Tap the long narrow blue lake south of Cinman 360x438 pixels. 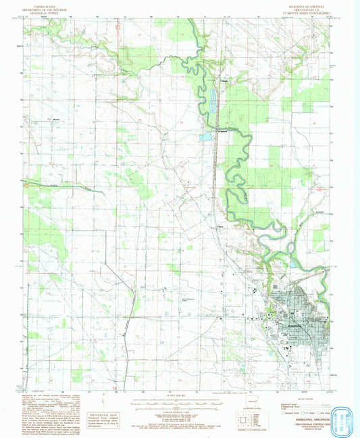click(x=214, y=103)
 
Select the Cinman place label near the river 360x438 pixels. click(x=214, y=82)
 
